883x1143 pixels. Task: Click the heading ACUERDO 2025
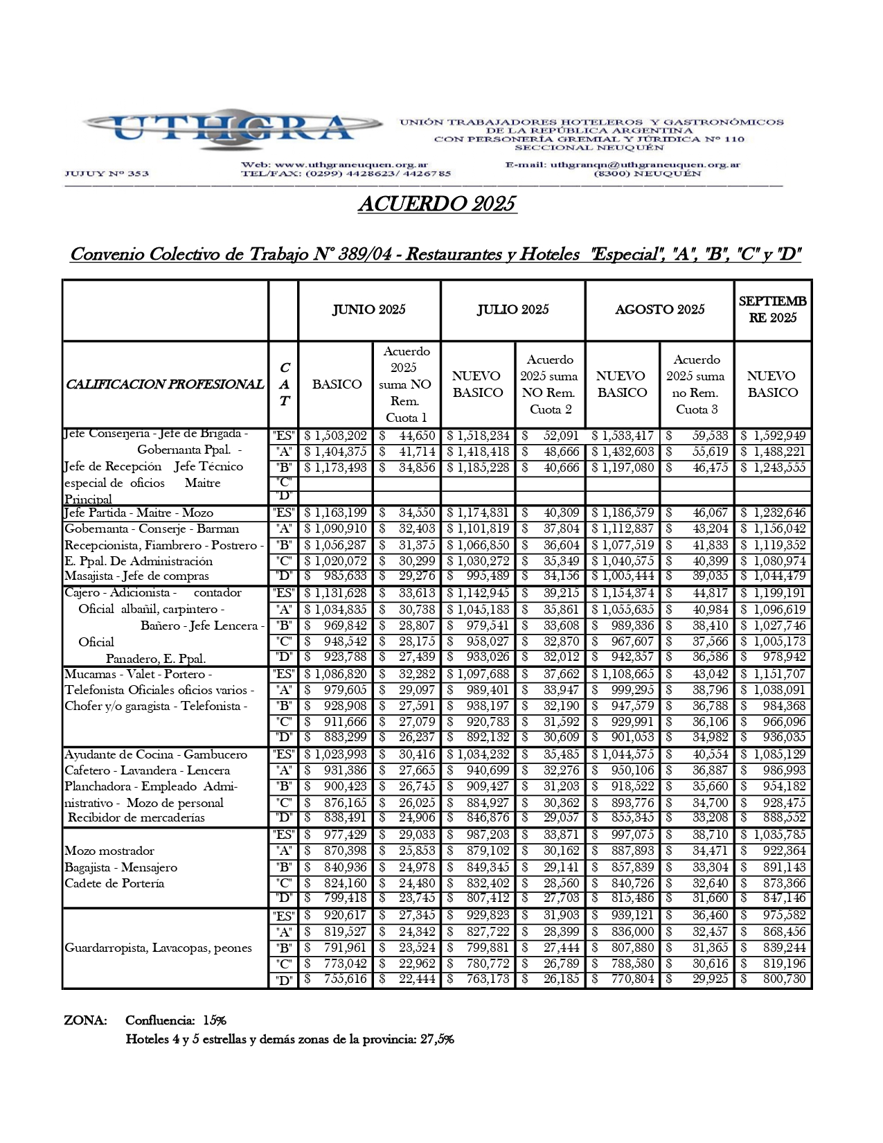[x=437, y=204]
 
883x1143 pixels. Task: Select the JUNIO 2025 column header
[x=369, y=310]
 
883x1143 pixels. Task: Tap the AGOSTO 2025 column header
[x=659, y=310]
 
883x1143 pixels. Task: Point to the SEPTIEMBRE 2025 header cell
[x=772, y=310]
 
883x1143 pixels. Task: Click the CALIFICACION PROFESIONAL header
[x=165, y=384]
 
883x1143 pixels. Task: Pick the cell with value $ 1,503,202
[x=336, y=436]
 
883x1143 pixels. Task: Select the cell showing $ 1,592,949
[x=773, y=436]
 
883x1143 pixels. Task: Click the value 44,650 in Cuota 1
[x=407, y=436]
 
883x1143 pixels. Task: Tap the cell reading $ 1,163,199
[x=336, y=513]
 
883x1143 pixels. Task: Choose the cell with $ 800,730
[x=773, y=979]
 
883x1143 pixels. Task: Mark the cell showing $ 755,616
[x=336, y=979]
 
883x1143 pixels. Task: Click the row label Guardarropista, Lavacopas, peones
[x=158, y=948]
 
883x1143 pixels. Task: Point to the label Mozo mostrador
[x=109, y=851]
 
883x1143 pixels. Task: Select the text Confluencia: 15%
[x=176, y=1020]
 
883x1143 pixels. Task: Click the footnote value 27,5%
[x=437, y=1039]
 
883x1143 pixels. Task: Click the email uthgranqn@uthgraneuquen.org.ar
[x=645, y=165]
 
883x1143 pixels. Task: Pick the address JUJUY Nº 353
[x=107, y=173]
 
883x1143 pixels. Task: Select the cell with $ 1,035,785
[x=773, y=835]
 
